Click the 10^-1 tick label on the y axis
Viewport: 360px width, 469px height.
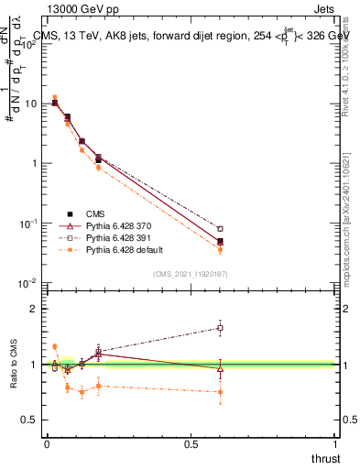tap(29, 224)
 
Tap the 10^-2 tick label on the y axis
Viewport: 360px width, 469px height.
tap(29, 283)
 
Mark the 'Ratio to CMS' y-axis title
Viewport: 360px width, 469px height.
tap(13, 364)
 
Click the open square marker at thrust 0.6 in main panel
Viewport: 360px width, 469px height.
tap(220, 228)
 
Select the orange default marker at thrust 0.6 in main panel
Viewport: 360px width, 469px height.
tap(220, 249)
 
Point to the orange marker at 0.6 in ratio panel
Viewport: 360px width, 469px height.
tap(220, 392)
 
